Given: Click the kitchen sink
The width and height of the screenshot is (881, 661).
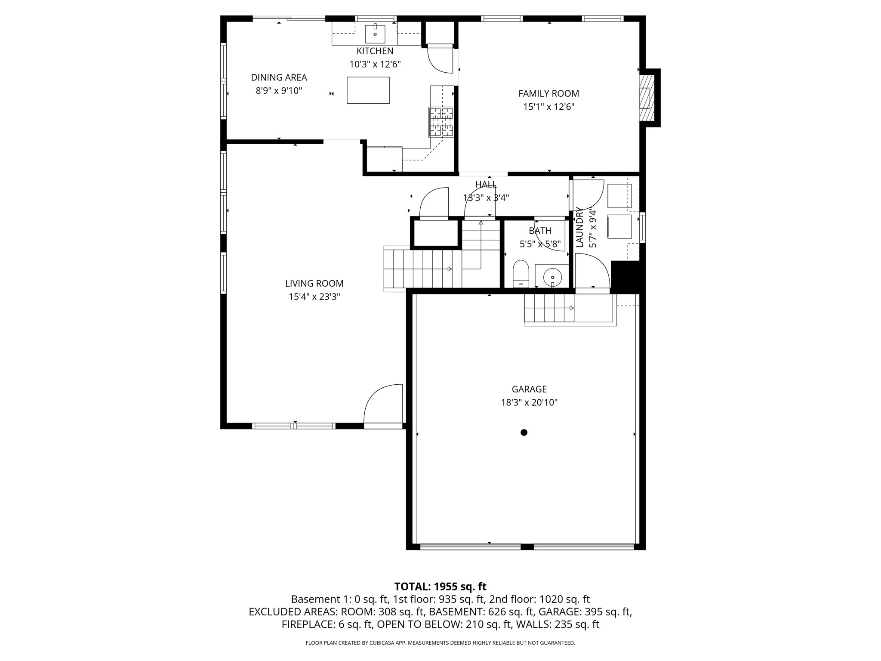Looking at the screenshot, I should pos(375,34).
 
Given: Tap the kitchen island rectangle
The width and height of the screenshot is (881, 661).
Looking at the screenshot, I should pos(368,90).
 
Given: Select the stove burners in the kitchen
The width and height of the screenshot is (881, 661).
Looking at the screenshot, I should pos(441,122).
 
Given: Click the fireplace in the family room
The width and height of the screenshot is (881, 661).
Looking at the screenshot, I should pos(646,98).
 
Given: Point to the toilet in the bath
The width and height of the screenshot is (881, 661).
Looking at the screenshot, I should pos(521,274).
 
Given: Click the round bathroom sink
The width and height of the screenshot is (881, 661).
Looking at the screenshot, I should pos(552,277).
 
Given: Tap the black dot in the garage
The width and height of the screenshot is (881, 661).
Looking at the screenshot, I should pos(524,432).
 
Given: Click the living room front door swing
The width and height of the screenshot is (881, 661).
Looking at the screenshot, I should pos(382,405).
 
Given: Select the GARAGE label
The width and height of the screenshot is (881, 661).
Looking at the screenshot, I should pos(529,389).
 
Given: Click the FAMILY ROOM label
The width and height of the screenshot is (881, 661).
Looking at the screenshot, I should pos(548,93).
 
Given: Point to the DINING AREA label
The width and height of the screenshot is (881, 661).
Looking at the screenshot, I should pos(279,77).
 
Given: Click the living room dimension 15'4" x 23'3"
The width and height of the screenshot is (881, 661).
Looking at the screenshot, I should pos(314,297).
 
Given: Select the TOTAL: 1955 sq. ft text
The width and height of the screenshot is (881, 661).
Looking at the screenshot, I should pos(440,587).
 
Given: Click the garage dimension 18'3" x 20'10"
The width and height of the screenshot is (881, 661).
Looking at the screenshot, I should pos(529,403).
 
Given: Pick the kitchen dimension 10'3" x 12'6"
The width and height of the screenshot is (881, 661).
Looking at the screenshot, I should pos(375,65).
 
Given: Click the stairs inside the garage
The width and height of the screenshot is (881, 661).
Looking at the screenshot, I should pos(549,308).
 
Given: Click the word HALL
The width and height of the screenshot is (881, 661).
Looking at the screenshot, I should pos(486,184).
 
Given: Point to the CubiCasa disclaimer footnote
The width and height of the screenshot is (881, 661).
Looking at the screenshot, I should pos(440,643).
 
